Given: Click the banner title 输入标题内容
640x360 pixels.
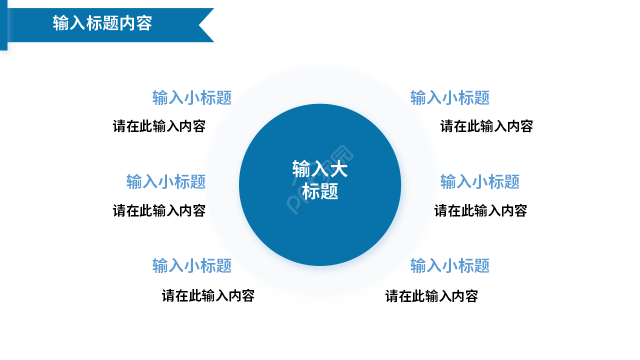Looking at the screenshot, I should pyautogui.click(x=102, y=23).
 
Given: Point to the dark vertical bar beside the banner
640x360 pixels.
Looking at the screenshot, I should pyautogui.click(x=3, y=25).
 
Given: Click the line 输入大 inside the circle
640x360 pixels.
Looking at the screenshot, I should pyautogui.click(x=319, y=169).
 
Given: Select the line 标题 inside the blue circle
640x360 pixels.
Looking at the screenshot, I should pyautogui.click(x=320, y=191).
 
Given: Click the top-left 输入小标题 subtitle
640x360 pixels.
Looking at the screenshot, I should pyautogui.click(x=192, y=97).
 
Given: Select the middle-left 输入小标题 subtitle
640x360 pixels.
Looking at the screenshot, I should pyautogui.click(x=166, y=181).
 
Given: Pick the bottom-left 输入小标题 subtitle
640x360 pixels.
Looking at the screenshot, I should pyautogui.click(x=192, y=265).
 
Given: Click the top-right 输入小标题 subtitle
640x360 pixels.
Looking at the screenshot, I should pyautogui.click(x=450, y=97).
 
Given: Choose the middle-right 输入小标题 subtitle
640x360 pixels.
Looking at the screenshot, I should pyautogui.click(x=480, y=181).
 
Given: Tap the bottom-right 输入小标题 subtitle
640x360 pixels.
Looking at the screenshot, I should pyautogui.click(x=450, y=265).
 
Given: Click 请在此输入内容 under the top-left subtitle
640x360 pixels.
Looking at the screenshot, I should pyautogui.click(x=159, y=126).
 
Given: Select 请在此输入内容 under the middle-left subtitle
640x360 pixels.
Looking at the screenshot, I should pyautogui.click(x=159, y=210).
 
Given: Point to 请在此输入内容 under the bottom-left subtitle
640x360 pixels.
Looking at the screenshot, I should pyautogui.click(x=208, y=296).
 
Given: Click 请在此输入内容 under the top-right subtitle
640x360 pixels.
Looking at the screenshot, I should pyautogui.click(x=486, y=126).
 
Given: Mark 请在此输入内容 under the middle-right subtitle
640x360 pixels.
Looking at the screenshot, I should pyautogui.click(x=480, y=210).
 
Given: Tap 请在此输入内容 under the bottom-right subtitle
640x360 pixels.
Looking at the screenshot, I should pyautogui.click(x=431, y=296).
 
